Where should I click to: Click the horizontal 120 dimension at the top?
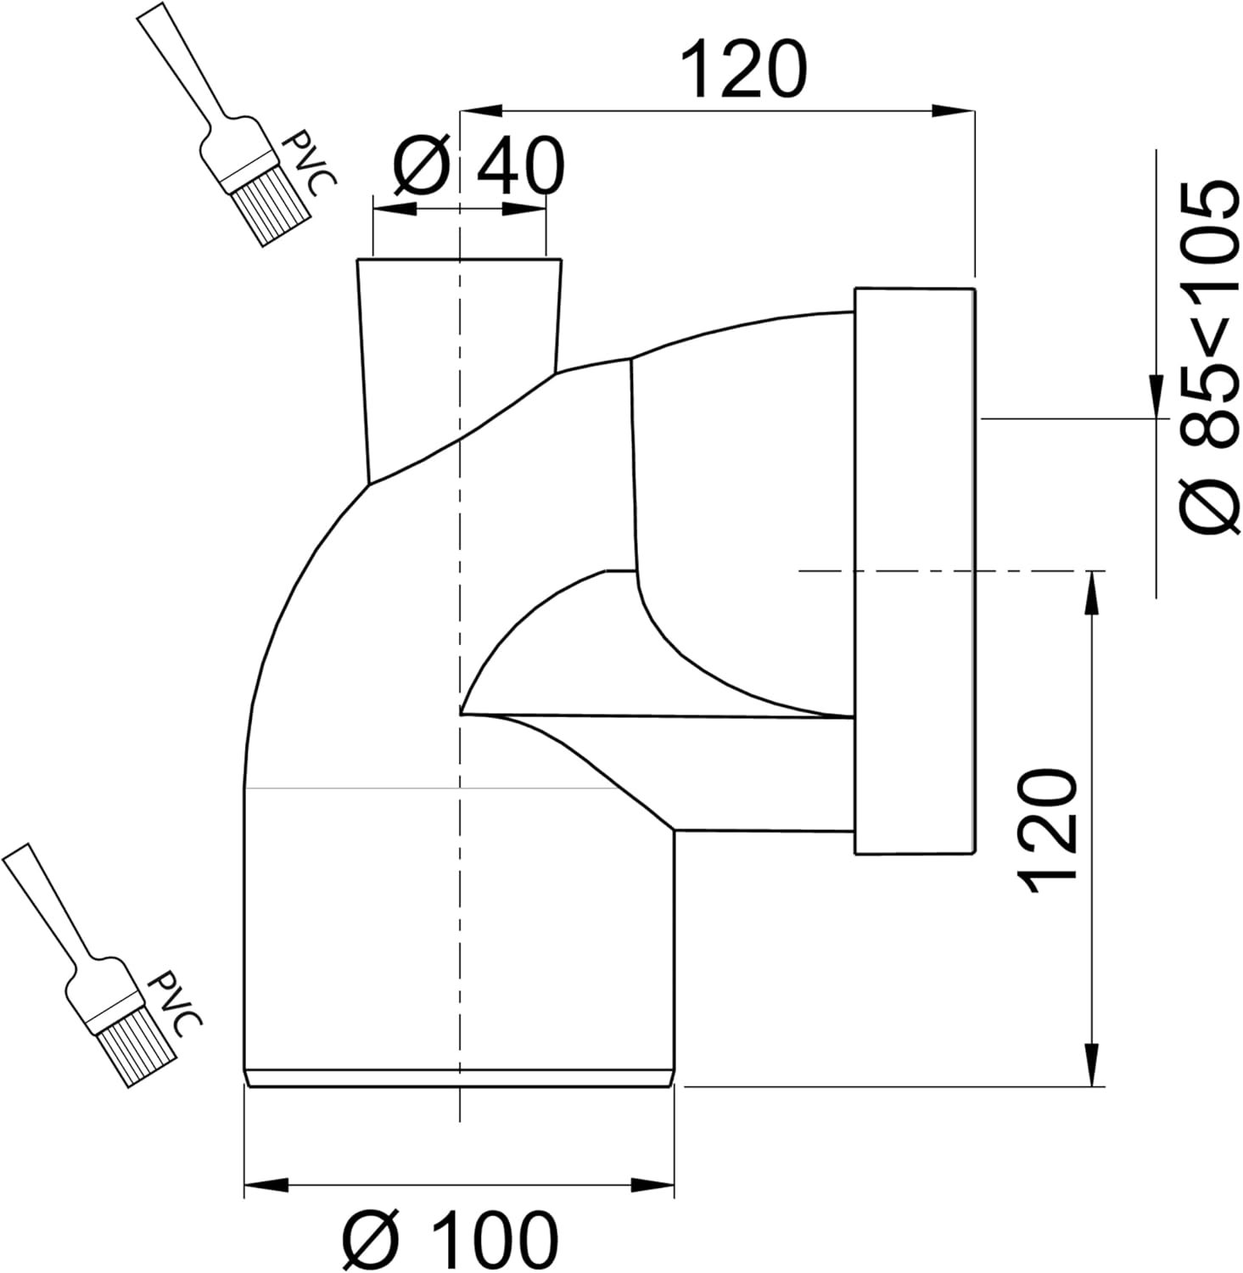(x=743, y=69)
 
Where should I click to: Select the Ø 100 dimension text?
(x=450, y=1238)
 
